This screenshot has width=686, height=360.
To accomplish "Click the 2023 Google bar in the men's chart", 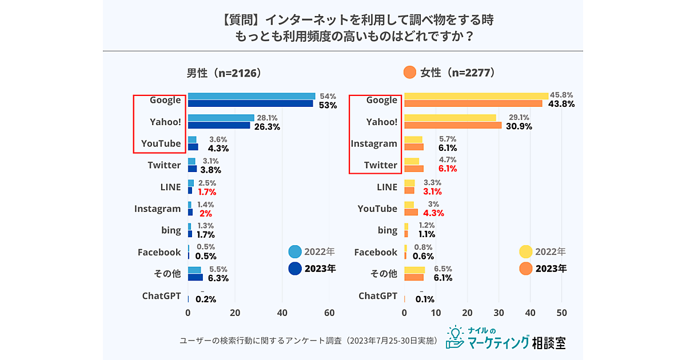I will pyautogui.click(x=250, y=103).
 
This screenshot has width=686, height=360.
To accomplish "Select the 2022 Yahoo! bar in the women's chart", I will pyautogui.click(x=450, y=118).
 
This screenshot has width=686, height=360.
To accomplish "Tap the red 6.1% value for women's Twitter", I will pyautogui.click(x=447, y=169).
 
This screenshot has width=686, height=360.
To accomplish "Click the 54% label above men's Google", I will pyautogui.click(x=328, y=96).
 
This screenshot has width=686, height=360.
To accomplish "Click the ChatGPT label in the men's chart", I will pyautogui.click(x=161, y=295).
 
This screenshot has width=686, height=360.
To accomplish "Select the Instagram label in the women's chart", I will pyautogui.click(x=374, y=143).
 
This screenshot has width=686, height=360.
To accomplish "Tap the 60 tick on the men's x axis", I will pyautogui.click(x=329, y=313).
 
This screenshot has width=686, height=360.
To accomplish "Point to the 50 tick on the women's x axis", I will pyautogui.click(x=561, y=313).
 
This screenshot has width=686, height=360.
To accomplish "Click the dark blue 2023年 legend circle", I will pyautogui.click(x=295, y=269).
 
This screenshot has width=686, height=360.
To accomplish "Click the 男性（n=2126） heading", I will pyautogui.click(x=224, y=73).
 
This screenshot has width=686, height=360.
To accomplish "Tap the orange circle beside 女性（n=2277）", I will pyautogui.click(x=409, y=73).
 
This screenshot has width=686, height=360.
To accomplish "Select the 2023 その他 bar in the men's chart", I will pyautogui.click(x=196, y=278).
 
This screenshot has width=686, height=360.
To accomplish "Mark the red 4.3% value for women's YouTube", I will pyautogui.click(x=433, y=213).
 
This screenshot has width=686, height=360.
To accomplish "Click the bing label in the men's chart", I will pyautogui.click(x=171, y=230).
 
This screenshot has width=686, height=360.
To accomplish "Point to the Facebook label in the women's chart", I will pyautogui.click(x=376, y=252).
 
